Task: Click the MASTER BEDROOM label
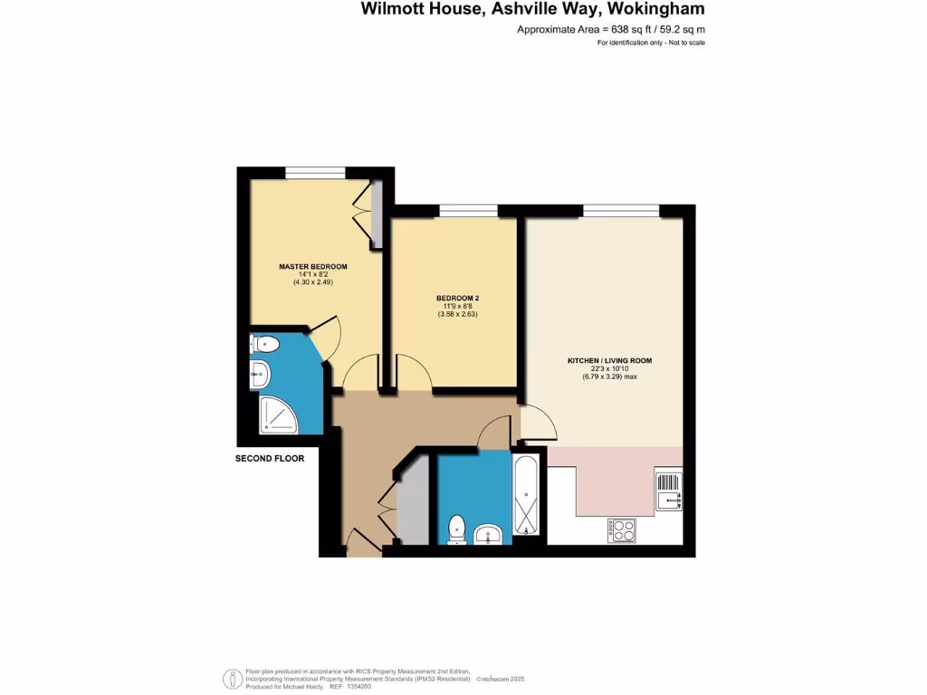[313, 266]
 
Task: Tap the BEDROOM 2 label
[456, 298]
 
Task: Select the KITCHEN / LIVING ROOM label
[609, 360]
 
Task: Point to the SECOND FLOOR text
[270, 459]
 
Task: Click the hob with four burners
[622, 529]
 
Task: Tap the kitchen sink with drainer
[668, 491]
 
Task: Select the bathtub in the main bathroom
[526, 498]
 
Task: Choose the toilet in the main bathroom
[457, 528]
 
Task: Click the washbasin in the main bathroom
[490, 533]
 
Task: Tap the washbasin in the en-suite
[260, 371]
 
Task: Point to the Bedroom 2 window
[468, 211]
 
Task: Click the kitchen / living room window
[621, 211]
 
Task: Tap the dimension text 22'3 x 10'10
[609, 368]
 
